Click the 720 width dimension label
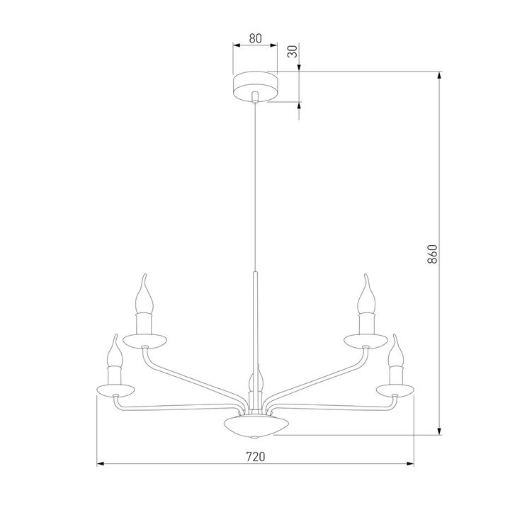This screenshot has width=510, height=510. [x=255, y=456]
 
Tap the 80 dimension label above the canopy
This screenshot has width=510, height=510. [x=255, y=39]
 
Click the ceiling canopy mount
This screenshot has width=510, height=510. [x=256, y=85]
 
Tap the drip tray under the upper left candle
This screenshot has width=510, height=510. [x=145, y=341]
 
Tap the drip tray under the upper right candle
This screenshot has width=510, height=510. [x=365, y=341]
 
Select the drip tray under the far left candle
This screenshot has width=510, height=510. [x=114, y=390]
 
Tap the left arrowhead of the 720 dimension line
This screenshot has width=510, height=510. [x=100, y=465]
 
